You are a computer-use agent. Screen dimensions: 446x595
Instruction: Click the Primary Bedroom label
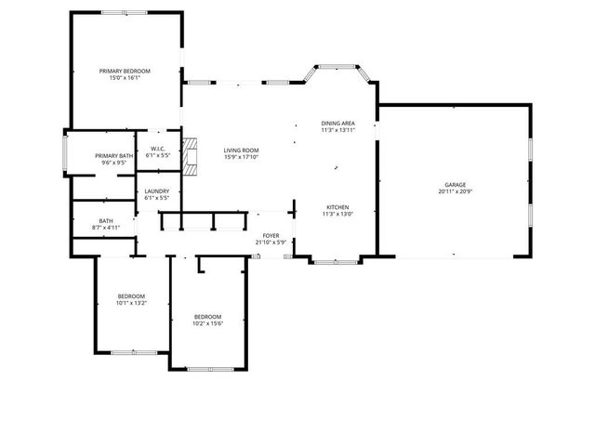click(x=126, y=71)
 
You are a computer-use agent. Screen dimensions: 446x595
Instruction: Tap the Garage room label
click(x=454, y=185)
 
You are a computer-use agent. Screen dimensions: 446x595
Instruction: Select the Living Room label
click(x=241, y=150)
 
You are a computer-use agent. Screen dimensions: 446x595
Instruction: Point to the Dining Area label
click(x=337, y=124)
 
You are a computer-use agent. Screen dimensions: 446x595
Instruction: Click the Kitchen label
click(x=337, y=206)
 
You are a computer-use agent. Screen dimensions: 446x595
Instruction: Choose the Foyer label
click(x=271, y=236)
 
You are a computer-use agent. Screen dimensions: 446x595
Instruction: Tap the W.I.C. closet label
click(x=158, y=149)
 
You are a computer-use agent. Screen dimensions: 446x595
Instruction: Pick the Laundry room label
click(x=157, y=191)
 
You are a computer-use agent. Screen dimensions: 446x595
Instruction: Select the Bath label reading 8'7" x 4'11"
click(x=106, y=221)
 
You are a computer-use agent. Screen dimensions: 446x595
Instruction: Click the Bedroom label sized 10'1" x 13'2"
click(x=131, y=296)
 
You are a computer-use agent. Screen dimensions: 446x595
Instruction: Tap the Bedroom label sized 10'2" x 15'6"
click(x=207, y=317)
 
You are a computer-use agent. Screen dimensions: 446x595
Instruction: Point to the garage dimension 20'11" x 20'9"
click(x=454, y=192)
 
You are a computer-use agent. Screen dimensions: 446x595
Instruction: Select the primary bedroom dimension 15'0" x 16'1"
click(x=126, y=78)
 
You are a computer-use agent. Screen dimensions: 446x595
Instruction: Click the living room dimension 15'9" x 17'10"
click(x=241, y=157)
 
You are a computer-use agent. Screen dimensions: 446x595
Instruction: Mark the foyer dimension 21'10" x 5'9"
click(x=271, y=243)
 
